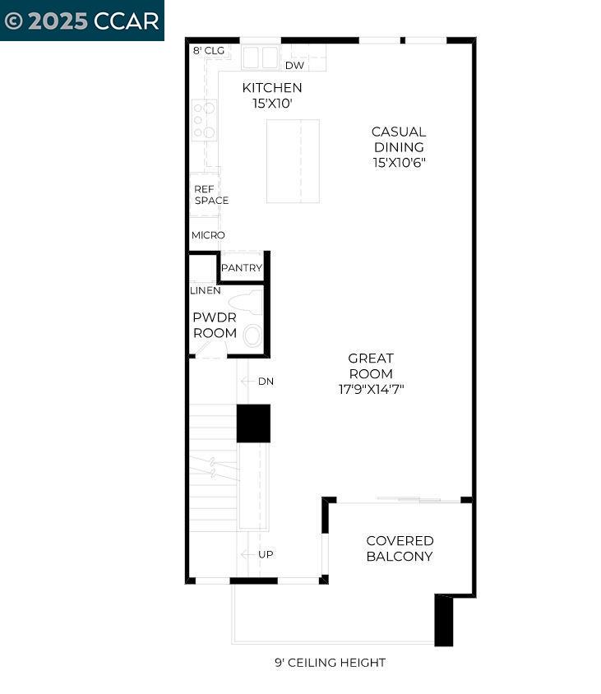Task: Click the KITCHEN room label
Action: point(271,88)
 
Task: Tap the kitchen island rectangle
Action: point(293,161)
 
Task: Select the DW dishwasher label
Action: point(294,66)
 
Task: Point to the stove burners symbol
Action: point(204,120)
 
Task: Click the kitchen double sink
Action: point(262,58)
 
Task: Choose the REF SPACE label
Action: point(211,195)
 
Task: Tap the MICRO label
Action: point(208,235)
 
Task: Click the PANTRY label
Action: point(241,268)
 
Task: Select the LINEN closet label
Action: point(205,291)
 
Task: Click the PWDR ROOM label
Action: point(215,326)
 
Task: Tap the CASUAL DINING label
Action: point(399,139)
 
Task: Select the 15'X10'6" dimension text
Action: point(399,163)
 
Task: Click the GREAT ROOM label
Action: point(371,366)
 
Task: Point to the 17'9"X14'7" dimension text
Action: point(371,389)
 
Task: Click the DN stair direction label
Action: point(266,382)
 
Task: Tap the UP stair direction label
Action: point(266,554)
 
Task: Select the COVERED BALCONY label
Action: point(400,548)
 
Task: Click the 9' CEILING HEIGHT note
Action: point(330,663)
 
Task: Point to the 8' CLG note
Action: point(208,50)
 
